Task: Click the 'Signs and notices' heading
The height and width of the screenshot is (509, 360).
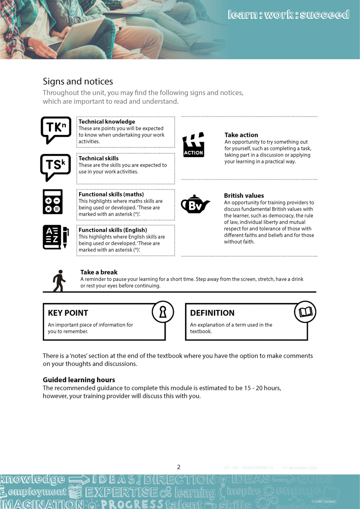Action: click(78, 81)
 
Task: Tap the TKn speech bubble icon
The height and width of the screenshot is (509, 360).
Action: click(56, 130)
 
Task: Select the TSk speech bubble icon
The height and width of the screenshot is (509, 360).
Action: click(55, 167)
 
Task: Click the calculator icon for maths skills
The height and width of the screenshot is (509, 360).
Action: click(53, 202)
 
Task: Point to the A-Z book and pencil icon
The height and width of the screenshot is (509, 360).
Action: click(55, 237)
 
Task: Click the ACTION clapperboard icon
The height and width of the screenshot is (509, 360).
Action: click(193, 145)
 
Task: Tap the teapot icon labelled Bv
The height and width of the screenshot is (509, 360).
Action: click(195, 205)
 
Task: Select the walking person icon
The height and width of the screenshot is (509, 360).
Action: click(59, 281)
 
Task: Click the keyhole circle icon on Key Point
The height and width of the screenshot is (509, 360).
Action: click(163, 312)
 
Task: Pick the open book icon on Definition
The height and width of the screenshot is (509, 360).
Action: click(306, 312)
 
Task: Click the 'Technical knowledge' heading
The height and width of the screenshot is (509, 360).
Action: click(107, 122)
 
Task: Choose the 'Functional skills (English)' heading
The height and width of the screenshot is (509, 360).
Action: click(112, 230)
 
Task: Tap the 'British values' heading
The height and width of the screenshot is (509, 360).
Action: click(244, 196)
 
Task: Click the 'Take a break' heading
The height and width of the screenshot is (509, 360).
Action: click(99, 272)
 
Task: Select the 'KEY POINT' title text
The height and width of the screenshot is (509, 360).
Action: click(68, 313)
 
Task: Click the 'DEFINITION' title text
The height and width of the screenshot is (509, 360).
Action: click(212, 313)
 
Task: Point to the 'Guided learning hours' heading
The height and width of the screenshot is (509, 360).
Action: click(79, 380)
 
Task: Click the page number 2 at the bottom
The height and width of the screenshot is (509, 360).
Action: click(179, 467)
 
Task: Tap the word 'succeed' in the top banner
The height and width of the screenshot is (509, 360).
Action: click(324, 15)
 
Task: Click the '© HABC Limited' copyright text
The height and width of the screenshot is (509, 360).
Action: click(323, 501)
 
